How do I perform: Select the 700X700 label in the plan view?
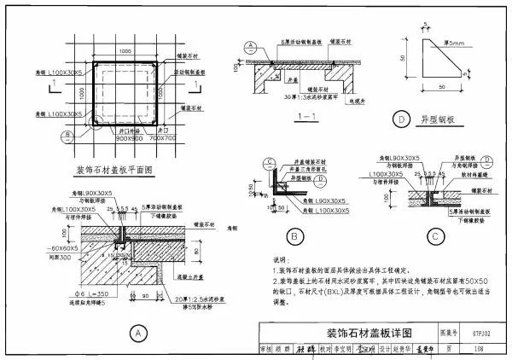pyautogui.click(x=161, y=137)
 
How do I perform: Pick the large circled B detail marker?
pyautogui.click(x=294, y=235)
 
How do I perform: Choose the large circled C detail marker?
pyautogui.click(x=435, y=235)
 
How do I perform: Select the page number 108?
pyautogui.click(x=482, y=348)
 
